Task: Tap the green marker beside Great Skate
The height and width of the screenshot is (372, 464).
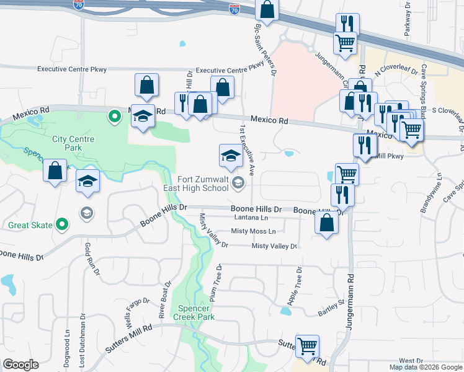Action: pyautogui.click(x=61, y=224)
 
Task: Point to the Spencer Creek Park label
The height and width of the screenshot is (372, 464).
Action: pyautogui.click(x=196, y=312)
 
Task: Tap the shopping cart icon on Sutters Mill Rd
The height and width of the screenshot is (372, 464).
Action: pyautogui.click(x=307, y=347)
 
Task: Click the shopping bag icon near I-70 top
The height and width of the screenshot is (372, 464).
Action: pyautogui.click(x=267, y=11)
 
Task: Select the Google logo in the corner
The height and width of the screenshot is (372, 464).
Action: pyautogui.click(x=20, y=365)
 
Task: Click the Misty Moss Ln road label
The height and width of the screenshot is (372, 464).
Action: pyautogui.click(x=253, y=231)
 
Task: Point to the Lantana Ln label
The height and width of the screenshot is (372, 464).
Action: pyautogui.click(x=251, y=218)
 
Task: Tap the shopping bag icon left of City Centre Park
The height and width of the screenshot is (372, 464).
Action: pyautogui.click(x=55, y=170)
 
